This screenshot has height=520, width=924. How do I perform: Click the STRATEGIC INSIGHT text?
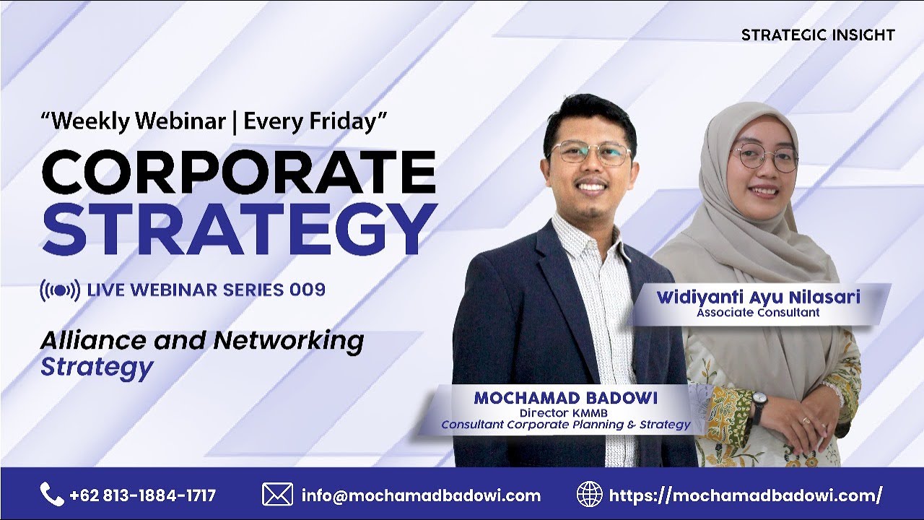coord(818,35)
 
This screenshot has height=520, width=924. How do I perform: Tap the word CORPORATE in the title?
coord(238,172)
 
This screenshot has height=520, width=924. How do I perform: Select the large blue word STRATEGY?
coord(238,230)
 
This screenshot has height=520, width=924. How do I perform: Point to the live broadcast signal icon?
coord(59,290)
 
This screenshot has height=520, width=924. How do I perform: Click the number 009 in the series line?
coord(308,290)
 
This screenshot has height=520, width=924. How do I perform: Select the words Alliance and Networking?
coord(201,340)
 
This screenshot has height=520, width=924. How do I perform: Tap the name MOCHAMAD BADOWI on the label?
coord(565,398)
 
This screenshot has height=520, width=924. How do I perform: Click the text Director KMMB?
coord(565,412)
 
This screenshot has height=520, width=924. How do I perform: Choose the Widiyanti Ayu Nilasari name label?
coord(758,297)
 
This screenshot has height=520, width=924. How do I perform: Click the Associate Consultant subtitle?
coord(758,313)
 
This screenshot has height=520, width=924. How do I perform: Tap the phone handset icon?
coord(52,495)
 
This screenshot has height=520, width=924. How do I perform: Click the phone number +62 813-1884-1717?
coord(143,495)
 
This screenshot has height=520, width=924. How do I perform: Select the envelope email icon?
coord(277,495)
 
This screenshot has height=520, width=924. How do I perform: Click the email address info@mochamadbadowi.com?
coord(421,495)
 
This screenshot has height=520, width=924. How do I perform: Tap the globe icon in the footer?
coord(589,495)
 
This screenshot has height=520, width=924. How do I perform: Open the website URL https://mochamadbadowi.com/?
coord(746,495)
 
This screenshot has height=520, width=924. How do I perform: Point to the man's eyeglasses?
coord(590,153)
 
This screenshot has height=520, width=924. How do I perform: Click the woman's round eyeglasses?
coord(765,157)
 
